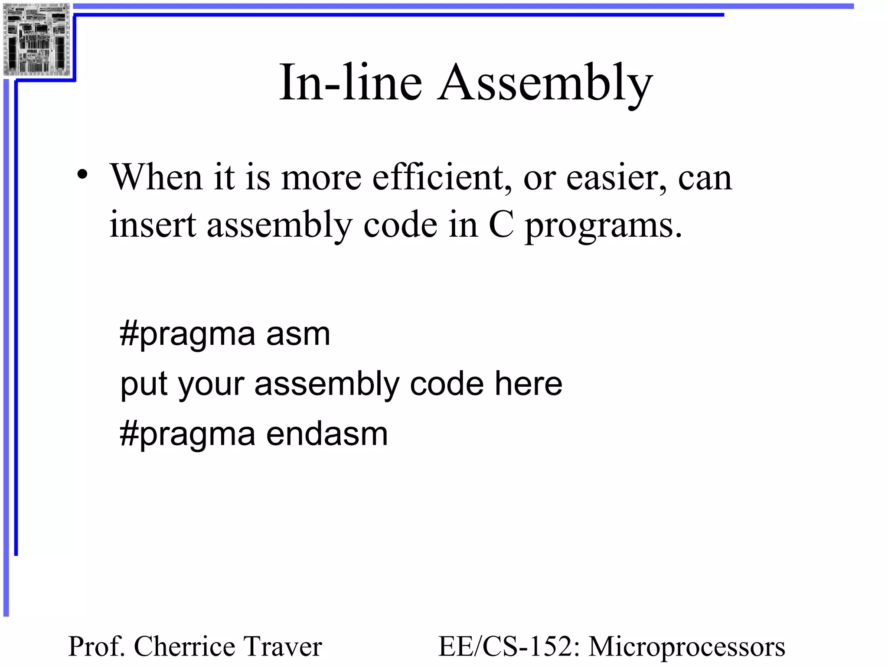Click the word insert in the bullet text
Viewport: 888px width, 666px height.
point(153,225)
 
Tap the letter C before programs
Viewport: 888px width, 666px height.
point(501,225)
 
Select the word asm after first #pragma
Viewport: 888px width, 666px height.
point(298,335)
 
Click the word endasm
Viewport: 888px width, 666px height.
point(327,434)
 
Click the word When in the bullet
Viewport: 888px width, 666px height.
point(156,177)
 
